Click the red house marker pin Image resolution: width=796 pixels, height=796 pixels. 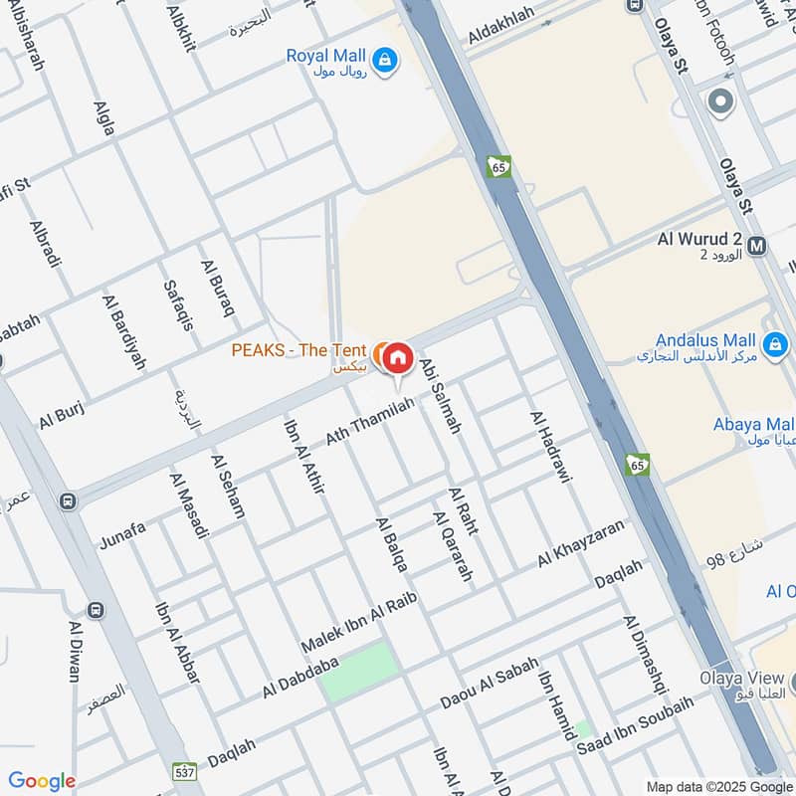coord(397,358)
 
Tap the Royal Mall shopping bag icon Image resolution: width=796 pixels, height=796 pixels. coord(385,62)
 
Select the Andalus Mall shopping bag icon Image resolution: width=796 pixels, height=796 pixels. coord(776,345)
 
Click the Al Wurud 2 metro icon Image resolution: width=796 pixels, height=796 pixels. coord(756,245)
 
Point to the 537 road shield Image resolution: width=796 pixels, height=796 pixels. coord(184,771)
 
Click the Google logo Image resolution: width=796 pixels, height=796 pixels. coord(41,781)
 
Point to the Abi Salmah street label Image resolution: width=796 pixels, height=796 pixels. coord(441,395)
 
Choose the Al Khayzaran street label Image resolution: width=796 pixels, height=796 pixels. coord(580,542)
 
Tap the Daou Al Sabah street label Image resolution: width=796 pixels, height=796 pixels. coord(490,685)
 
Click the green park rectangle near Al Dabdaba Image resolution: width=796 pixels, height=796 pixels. coord(357,673)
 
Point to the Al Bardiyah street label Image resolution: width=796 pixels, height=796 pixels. coord(122,330)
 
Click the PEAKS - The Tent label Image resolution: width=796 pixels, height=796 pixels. coord(298,350)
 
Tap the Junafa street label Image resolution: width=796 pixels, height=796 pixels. coord(122,535)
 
